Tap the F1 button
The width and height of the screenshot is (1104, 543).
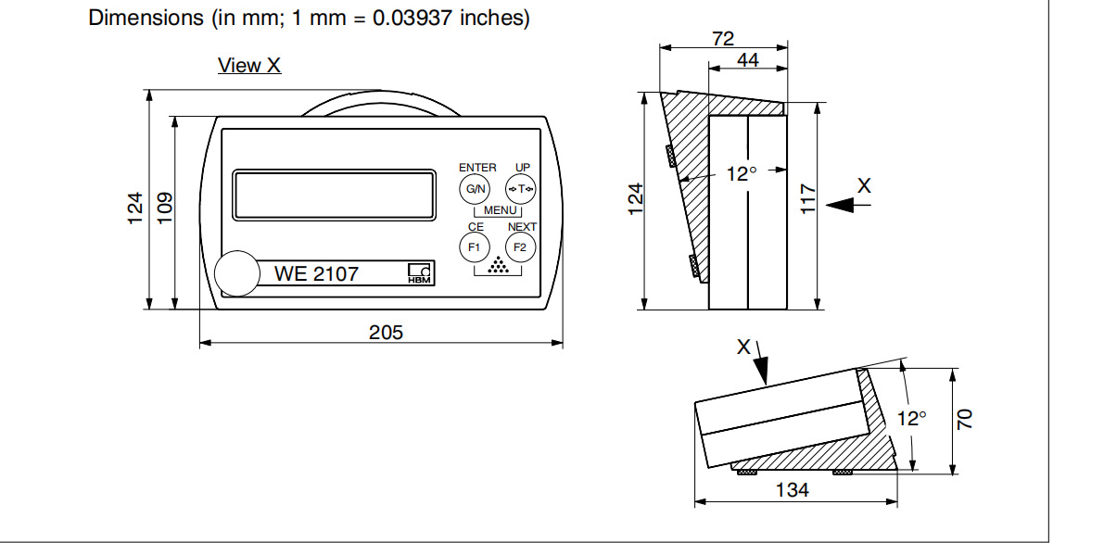[474, 247]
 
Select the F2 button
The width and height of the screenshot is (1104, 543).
[520, 247]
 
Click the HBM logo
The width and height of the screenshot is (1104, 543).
[420, 273]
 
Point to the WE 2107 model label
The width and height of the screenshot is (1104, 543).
[316, 273]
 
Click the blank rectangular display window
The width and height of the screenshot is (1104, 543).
[335, 195]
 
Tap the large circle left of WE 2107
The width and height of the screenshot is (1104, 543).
[237, 272]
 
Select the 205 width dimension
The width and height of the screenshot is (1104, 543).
[386, 332]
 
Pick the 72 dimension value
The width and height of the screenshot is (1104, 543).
[723, 39]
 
